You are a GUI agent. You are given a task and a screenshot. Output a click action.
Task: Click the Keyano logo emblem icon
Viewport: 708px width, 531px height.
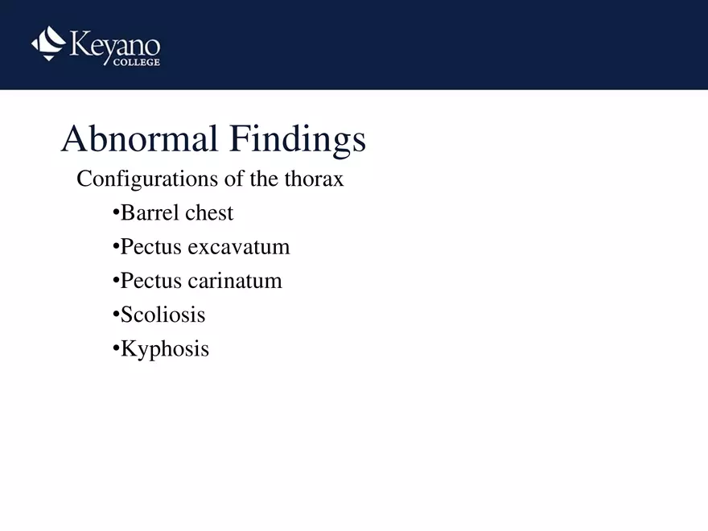click(x=48, y=43)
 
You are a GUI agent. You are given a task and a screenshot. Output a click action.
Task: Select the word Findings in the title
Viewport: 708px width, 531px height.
click(x=297, y=140)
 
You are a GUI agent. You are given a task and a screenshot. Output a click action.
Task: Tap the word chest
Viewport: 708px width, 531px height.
click(x=209, y=213)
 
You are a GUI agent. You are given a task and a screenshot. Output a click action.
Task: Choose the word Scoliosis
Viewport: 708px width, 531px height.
click(x=163, y=315)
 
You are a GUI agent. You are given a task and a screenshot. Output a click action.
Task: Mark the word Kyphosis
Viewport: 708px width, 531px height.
click(x=165, y=349)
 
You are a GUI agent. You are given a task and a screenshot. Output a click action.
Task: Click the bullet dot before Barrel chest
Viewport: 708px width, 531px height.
click(x=116, y=214)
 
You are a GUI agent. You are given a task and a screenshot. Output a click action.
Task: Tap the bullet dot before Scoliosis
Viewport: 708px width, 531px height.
click(x=116, y=315)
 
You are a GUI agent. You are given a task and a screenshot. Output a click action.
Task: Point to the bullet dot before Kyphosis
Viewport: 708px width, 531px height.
click(x=116, y=349)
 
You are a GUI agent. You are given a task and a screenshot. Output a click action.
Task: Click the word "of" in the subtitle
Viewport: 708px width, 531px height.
click(x=234, y=179)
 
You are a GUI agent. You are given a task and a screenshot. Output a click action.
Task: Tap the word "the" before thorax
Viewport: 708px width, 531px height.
click(x=264, y=179)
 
